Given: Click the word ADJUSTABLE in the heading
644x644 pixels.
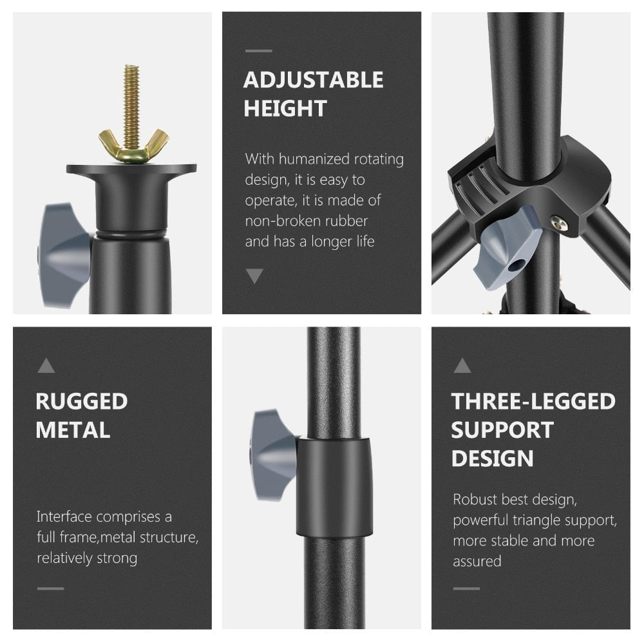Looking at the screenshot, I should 313,80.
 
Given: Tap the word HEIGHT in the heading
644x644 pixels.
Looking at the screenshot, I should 285,108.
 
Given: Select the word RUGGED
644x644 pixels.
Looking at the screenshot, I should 82,401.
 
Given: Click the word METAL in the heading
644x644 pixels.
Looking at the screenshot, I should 73,430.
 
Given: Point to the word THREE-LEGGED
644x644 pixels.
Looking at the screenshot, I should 533,401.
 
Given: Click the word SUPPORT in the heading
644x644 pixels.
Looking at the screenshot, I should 502,430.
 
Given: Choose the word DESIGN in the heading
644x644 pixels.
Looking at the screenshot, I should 493,458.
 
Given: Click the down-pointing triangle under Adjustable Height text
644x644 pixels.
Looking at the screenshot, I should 254,276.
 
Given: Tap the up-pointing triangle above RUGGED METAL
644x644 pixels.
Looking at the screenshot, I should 46,366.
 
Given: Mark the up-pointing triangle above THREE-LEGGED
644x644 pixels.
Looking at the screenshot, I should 462,366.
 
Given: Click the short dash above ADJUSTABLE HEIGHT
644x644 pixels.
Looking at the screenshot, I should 258,50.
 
